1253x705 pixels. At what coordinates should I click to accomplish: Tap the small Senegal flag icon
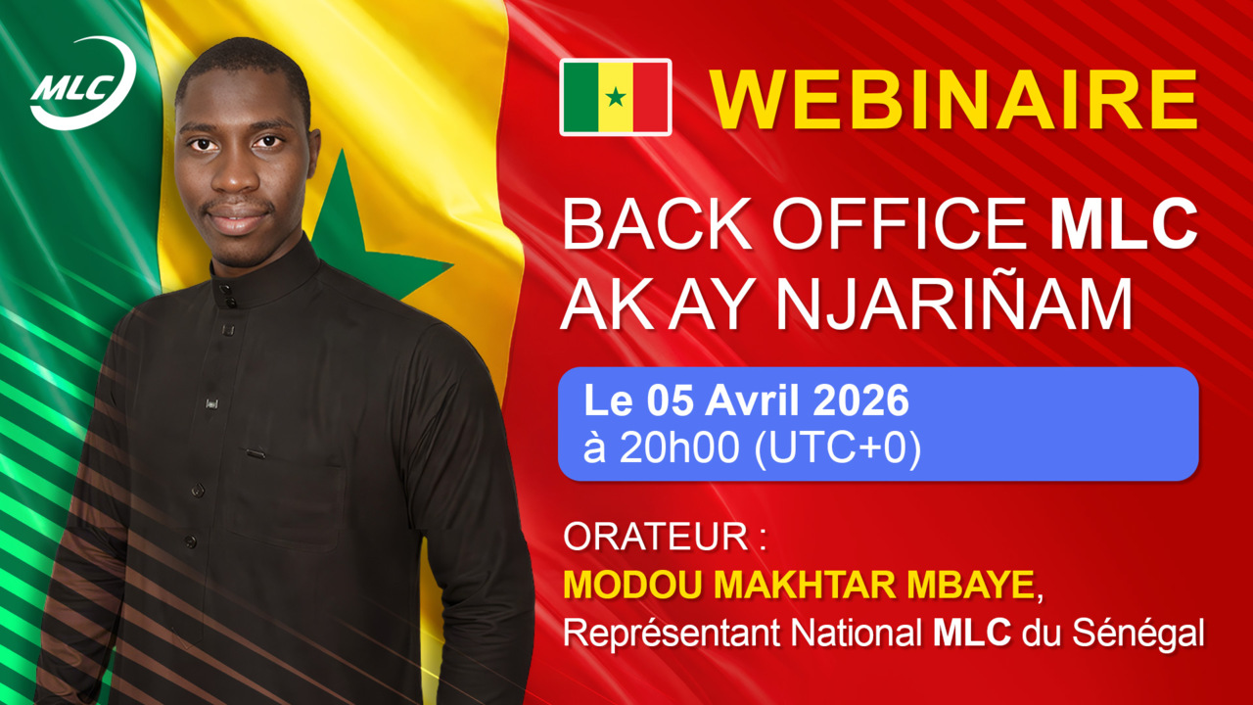[615, 97]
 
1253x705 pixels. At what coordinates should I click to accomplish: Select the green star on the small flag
[615, 97]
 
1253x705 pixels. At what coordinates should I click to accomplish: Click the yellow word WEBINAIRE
[953, 98]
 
